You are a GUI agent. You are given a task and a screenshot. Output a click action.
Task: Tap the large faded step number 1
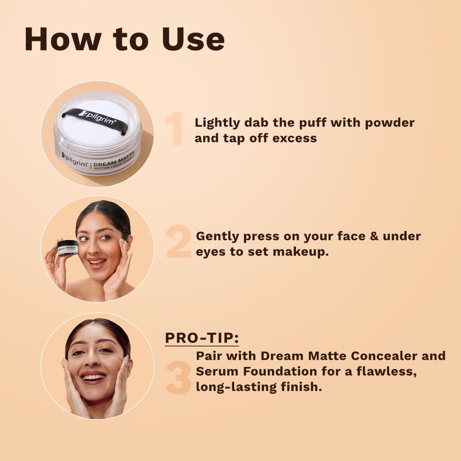tap(174, 130)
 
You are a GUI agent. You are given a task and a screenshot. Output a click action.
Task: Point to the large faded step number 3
tap(178, 378)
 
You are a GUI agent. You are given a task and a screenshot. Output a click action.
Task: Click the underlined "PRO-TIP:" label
tap(202, 338)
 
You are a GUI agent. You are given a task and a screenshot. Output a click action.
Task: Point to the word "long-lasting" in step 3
tap(236, 387)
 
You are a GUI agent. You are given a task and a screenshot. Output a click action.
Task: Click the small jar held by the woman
tap(68, 248)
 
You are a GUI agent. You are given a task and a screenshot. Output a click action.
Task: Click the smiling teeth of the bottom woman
tap(93, 377)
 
